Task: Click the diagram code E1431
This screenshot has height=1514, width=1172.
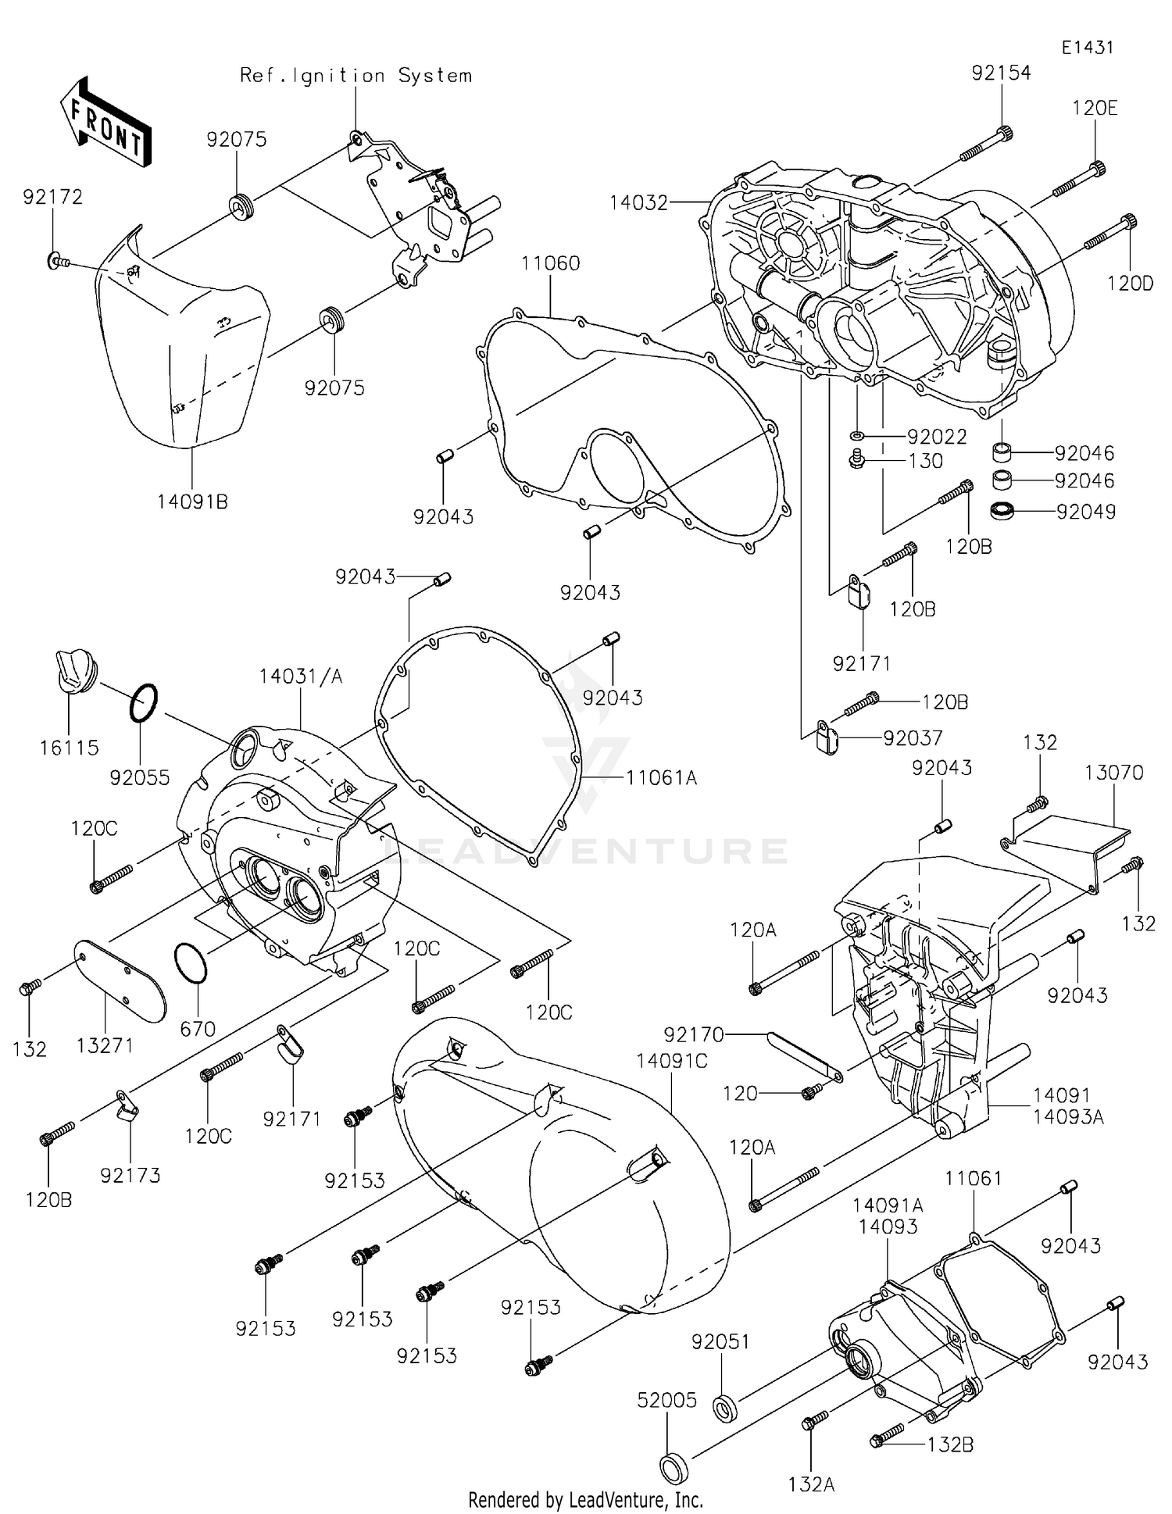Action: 1087,48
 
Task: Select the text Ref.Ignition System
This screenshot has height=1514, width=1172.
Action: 356,76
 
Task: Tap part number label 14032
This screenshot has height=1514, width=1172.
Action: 639,203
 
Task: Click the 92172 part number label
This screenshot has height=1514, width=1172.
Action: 52,197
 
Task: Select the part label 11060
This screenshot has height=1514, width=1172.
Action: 551,263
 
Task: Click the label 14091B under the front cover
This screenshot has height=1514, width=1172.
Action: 192,502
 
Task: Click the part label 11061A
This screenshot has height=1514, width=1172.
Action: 661,777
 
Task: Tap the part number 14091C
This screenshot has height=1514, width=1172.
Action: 672,1061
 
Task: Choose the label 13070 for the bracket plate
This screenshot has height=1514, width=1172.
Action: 1113,773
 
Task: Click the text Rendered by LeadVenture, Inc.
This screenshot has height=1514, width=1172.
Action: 585,1499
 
